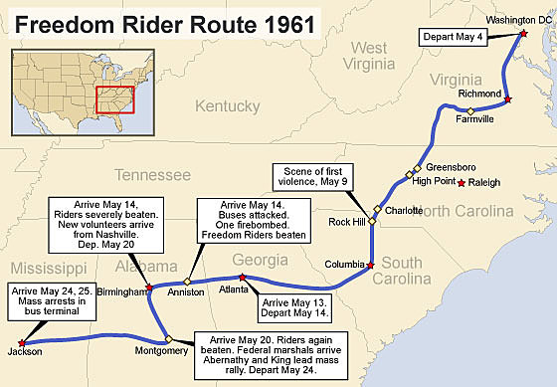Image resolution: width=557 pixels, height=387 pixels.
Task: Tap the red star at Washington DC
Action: [524, 34]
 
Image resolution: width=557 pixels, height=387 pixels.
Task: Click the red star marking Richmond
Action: [508, 100]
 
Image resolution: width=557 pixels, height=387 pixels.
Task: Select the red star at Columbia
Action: [370, 266]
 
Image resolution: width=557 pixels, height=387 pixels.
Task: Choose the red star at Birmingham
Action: [148, 288]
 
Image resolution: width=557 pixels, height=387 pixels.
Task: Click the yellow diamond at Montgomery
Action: [169, 338]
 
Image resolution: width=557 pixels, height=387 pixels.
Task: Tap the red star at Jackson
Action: [21, 343]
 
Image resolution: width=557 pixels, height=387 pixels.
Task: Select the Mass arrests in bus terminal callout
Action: [53, 301]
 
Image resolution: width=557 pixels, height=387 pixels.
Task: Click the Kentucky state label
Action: [227, 106]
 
